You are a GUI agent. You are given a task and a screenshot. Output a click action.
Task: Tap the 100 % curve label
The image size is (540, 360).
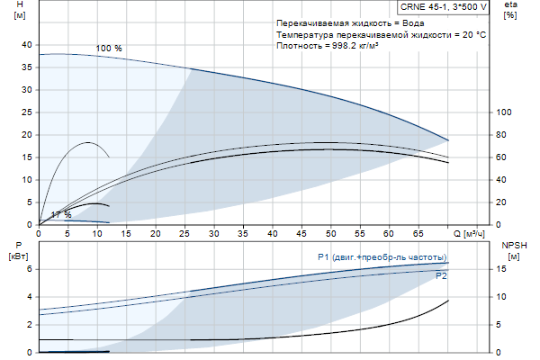109,48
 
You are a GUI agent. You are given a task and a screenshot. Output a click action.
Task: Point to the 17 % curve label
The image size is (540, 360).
60,215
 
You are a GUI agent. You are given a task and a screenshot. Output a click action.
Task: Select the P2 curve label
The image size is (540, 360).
441,276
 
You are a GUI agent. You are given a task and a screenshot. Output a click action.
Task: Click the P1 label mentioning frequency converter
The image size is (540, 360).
382,257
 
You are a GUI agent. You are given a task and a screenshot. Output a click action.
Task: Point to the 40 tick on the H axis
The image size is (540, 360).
26,45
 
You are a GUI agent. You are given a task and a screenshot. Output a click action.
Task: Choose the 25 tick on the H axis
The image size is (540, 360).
26,112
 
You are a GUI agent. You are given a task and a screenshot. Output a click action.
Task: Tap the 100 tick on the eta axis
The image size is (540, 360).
505,112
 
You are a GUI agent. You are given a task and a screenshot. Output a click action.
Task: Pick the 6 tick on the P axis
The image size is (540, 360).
29,269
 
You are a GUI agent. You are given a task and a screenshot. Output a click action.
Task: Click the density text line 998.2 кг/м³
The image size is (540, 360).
327,46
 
